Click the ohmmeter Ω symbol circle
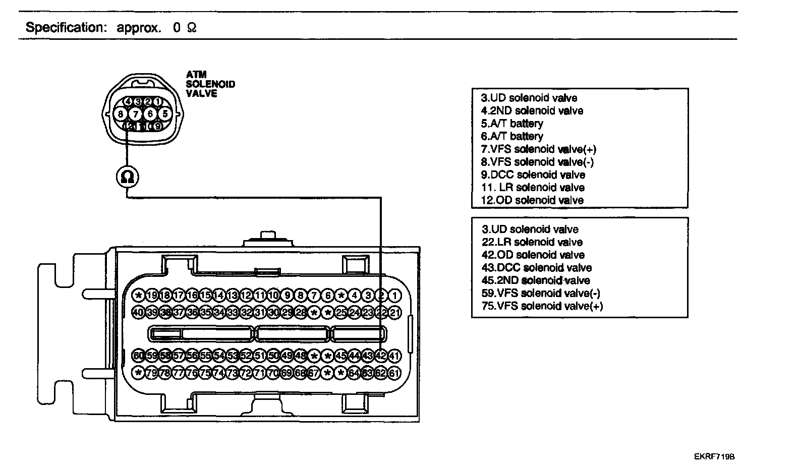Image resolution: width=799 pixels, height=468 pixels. click(128, 177)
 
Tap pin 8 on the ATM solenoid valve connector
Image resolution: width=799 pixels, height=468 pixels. click(121, 114)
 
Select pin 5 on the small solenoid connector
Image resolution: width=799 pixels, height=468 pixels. click(163, 114)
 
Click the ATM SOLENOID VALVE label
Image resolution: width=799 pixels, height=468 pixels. click(210, 84)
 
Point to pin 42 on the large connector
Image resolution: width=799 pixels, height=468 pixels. click(381, 356)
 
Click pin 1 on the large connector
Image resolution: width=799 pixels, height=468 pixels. click(395, 296)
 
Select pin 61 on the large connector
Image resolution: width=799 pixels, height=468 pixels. click(394, 374)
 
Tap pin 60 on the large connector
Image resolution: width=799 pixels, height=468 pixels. click(138, 356)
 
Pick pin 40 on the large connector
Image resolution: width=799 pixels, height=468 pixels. click(138, 313)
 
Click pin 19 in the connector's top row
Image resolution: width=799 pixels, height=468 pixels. click(152, 296)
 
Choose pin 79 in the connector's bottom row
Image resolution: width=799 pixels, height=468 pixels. click(152, 374)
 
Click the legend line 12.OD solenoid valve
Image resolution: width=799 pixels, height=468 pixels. click(532, 200)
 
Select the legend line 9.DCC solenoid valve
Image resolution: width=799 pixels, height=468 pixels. click(533, 175)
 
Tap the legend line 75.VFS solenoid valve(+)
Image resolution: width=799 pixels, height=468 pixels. click(542, 306)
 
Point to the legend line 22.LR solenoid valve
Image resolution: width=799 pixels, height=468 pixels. click(532, 243)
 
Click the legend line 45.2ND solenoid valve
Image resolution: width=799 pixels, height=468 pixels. click(536, 280)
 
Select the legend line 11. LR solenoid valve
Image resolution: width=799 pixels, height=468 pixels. click(533, 188)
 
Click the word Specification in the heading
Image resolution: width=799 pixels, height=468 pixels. click(65, 27)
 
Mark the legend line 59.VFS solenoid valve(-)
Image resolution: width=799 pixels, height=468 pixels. click(541, 294)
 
